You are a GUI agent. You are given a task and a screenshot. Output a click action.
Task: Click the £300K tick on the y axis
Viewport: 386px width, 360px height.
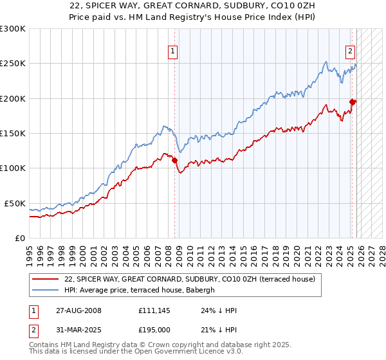(x=13, y=29)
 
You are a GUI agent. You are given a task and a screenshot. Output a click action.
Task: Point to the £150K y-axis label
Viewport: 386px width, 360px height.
(x=13, y=133)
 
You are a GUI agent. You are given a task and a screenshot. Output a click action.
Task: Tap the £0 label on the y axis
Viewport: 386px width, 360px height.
(x=20, y=238)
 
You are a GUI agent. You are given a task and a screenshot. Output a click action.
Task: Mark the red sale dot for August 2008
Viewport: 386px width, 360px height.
(x=175, y=160)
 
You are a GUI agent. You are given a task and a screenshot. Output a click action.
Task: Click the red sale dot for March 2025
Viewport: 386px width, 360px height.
(x=353, y=102)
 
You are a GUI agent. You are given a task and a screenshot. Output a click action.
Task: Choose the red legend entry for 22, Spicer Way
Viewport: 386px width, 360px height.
(x=190, y=279)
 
